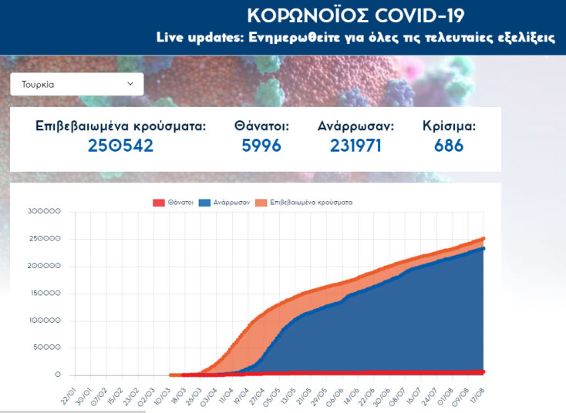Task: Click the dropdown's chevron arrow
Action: pyautogui.click(x=130, y=83)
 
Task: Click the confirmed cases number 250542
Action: pyautogui.click(x=121, y=146)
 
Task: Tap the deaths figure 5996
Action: pyautogui.click(x=261, y=146)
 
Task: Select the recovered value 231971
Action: pyautogui.click(x=355, y=146)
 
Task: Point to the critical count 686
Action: pyautogui.click(x=449, y=146)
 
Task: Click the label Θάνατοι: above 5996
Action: pyautogui.click(x=261, y=126)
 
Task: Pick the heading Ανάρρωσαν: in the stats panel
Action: pyautogui.click(x=355, y=126)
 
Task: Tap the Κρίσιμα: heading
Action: pyautogui.click(x=449, y=126)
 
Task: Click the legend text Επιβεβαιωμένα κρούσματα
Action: pyautogui.click(x=311, y=202)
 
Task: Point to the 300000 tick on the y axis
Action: pyautogui.click(x=43, y=212)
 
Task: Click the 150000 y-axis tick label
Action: pyautogui.click(x=43, y=294)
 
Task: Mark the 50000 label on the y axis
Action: pyautogui.click(x=46, y=348)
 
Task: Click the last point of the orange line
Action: pyautogui.click(x=483, y=239)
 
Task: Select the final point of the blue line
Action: pyautogui.click(x=483, y=249)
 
